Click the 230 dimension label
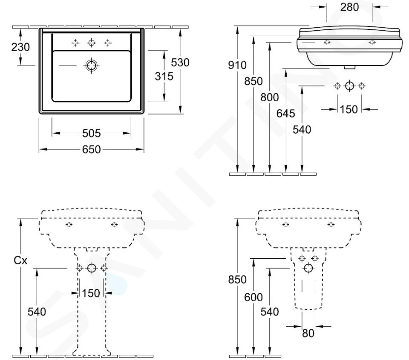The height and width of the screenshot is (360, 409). [20, 47]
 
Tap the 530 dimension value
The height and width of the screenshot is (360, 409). [180, 63]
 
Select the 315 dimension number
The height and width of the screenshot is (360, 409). [164, 76]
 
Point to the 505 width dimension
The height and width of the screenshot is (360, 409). [91, 133]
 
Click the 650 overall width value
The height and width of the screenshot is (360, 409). [91, 149]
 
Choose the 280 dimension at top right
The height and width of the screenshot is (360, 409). [349, 7]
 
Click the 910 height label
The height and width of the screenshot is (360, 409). [237, 65]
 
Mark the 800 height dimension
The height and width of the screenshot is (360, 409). [270, 97]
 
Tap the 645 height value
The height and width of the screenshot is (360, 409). [286, 114]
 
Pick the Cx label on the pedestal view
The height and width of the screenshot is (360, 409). [20, 260]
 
